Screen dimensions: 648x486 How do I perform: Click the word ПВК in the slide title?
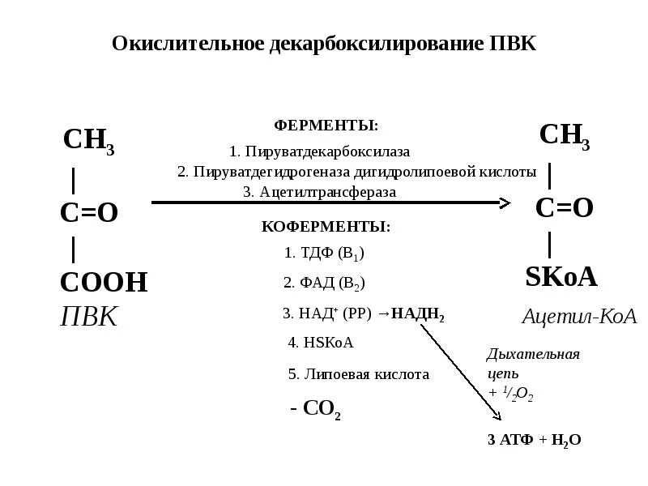point(513,43)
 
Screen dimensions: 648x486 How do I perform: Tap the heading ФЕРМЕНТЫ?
point(326,126)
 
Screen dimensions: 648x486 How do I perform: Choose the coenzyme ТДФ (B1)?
point(324,253)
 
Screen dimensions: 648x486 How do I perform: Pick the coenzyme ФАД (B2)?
point(324,283)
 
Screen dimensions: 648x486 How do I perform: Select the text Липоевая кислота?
point(359,374)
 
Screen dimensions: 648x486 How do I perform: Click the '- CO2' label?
point(316,407)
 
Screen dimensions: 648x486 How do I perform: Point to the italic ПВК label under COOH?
point(89,316)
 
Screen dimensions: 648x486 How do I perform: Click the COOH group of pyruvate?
point(104,283)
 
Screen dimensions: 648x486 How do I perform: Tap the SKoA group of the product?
point(561,277)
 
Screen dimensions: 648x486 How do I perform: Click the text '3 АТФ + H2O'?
point(534,440)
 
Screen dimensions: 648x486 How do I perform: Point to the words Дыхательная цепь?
point(533,364)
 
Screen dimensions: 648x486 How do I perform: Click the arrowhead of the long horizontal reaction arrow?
point(505,202)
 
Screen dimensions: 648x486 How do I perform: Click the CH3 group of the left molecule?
point(88,140)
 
